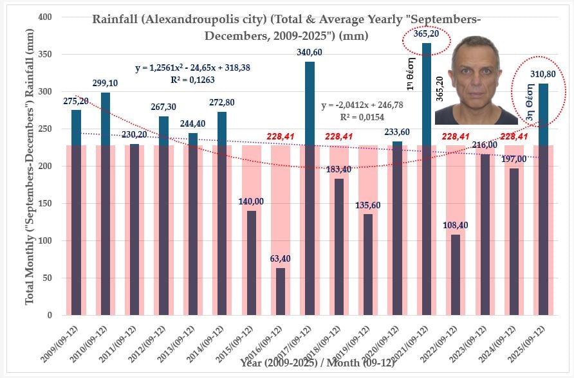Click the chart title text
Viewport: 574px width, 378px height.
(286, 27)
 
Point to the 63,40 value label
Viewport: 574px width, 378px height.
(281, 259)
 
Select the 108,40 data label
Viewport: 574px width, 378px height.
(456, 226)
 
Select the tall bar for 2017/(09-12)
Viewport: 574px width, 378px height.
(310, 186)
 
